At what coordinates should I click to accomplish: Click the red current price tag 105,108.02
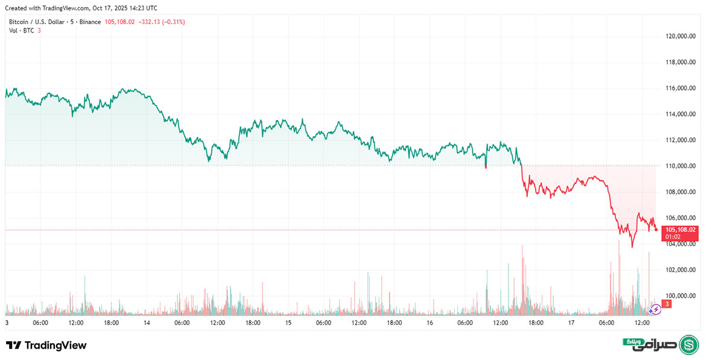680,230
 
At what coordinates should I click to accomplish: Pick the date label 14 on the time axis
147,323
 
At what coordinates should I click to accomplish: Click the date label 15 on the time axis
288,323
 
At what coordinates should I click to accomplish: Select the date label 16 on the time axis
430,323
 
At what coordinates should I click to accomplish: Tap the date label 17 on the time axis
571,323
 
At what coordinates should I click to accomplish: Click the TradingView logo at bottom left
46,346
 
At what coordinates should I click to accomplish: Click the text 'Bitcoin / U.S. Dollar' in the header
36,22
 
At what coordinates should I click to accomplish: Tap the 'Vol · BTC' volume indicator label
21,30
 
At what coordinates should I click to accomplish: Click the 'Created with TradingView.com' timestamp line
81,8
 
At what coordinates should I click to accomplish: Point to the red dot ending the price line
656,229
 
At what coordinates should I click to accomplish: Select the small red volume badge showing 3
667,305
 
